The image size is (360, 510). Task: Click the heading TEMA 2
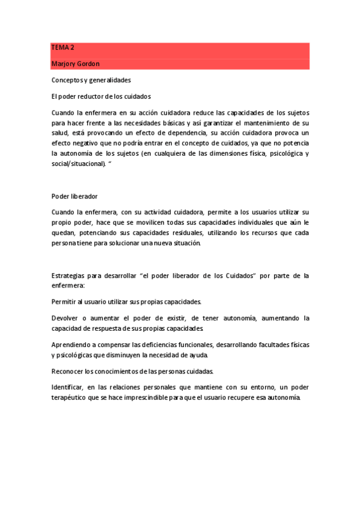tap(62, 48)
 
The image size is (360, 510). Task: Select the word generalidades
tap(111, 80)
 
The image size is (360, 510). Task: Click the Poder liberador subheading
tap(75, 196)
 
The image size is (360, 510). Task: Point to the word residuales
tap(180, 233)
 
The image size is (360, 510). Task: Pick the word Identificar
tap(69, 387)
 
